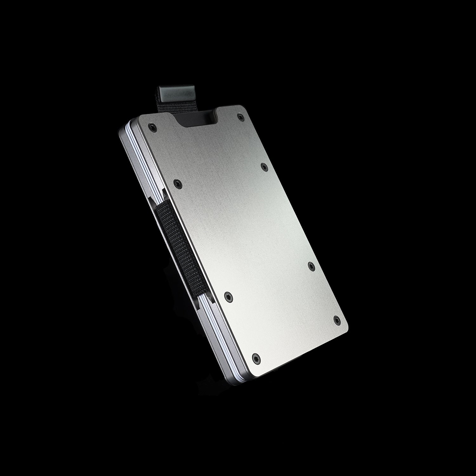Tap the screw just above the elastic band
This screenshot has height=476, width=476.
point(177,182)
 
